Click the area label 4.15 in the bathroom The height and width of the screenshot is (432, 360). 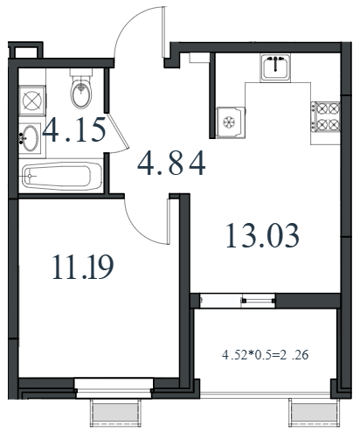pyautogui.click(x=73, y=130)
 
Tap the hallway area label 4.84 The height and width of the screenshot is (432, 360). pyautogui.click(x=171, y=164)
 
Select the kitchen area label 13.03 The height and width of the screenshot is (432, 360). pyautogui.click(x=262, y=235)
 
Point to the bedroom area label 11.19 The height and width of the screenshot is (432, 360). pyautogui.click(x=83, y=267)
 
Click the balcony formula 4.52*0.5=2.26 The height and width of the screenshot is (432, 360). pyautogui.click(x=265, y=355)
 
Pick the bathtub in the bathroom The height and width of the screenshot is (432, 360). pyautogui.click(x=62, y=177)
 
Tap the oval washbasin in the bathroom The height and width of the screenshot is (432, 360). pyautogui.click(x=30, y=138)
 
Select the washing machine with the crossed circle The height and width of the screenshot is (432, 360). pyautogui.click(x=32, y=101)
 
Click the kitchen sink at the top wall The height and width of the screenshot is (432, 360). pyautogui.click(x=275, y=67)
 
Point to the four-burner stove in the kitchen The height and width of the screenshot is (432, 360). pyautogui.click(x=325, y=117)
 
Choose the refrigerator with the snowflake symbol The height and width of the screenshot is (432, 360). pyautogui.click(x=231, y=122)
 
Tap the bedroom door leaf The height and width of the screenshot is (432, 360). pyautogui.click(x=169, y=221)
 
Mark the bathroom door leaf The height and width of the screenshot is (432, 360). pyautogui.click(x=118, y=131)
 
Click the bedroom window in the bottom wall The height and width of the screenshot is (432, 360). pyautogui.click(x=114, y=388)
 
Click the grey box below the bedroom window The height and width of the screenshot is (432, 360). pyautogui.click(x=115, y=413)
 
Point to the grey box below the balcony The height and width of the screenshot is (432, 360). pyautogui.click(x=315, y=413)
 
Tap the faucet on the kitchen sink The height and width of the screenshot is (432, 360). pyautogui.click(x=275, y=64)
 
